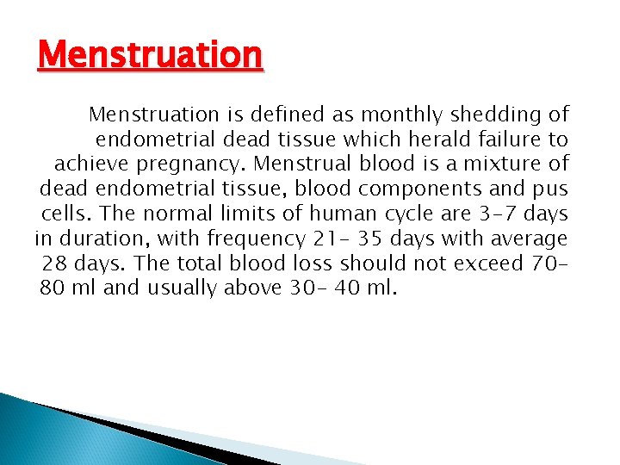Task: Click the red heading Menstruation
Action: pyautogui.click(x=150, y=56)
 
